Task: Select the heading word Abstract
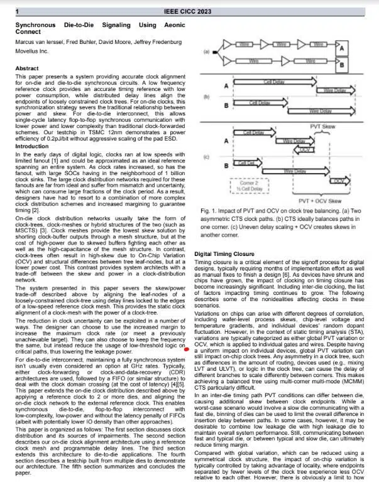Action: [x=27, y=68]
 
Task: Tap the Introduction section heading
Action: [x=33, y=146]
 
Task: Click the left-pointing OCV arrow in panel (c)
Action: [x=321, y=150]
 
